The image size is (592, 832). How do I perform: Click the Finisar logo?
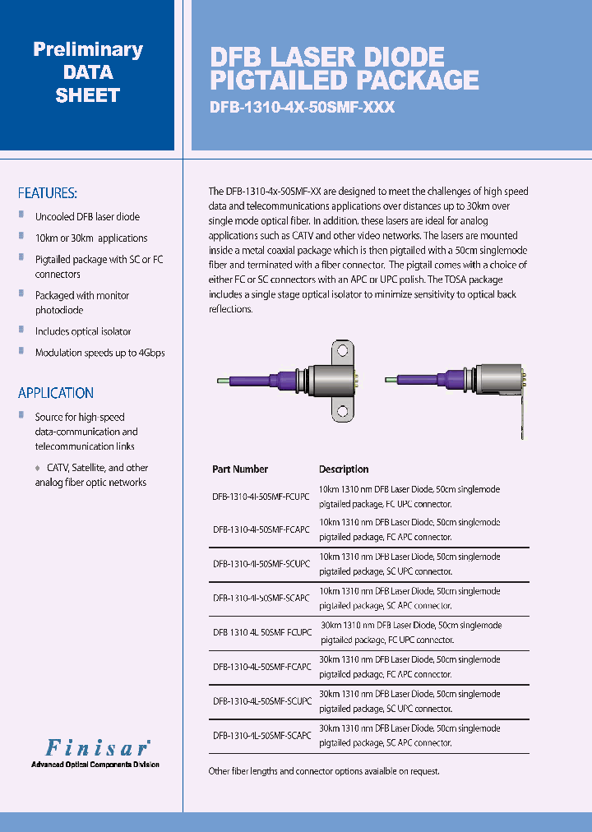click(x=96, y=747)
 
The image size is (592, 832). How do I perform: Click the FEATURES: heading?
click(x=48, y=193)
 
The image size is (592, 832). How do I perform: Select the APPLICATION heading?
click(x=56, y=393)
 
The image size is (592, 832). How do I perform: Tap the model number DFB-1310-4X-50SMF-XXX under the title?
click(x=303, y=108)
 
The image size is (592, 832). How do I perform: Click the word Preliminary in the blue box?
click(x=88, y=49)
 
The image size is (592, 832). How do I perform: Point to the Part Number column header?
click(x=240, y=469)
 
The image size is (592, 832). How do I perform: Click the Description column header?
click(x=344, y=469)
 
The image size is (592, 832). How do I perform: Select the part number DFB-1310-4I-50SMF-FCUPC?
click(x=261, y=496)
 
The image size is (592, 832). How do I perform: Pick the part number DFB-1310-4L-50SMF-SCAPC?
click(x=261, y=736)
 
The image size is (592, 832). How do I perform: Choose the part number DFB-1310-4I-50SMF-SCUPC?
click(x=261, y=564)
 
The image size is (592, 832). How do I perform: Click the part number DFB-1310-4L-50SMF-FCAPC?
click(x=261, y=667)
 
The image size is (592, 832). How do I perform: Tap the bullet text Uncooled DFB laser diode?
click(x=87, y=217)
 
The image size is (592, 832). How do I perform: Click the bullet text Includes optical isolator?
click(x=83, y=331)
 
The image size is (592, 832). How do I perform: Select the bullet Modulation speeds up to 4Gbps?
click(x=99, y=353)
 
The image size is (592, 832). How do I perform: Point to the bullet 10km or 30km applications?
click(x=91, y=238)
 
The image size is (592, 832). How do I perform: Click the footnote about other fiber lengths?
click(x=324, y=771)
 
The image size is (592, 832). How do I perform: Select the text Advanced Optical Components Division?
click(x=95, y=765)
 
